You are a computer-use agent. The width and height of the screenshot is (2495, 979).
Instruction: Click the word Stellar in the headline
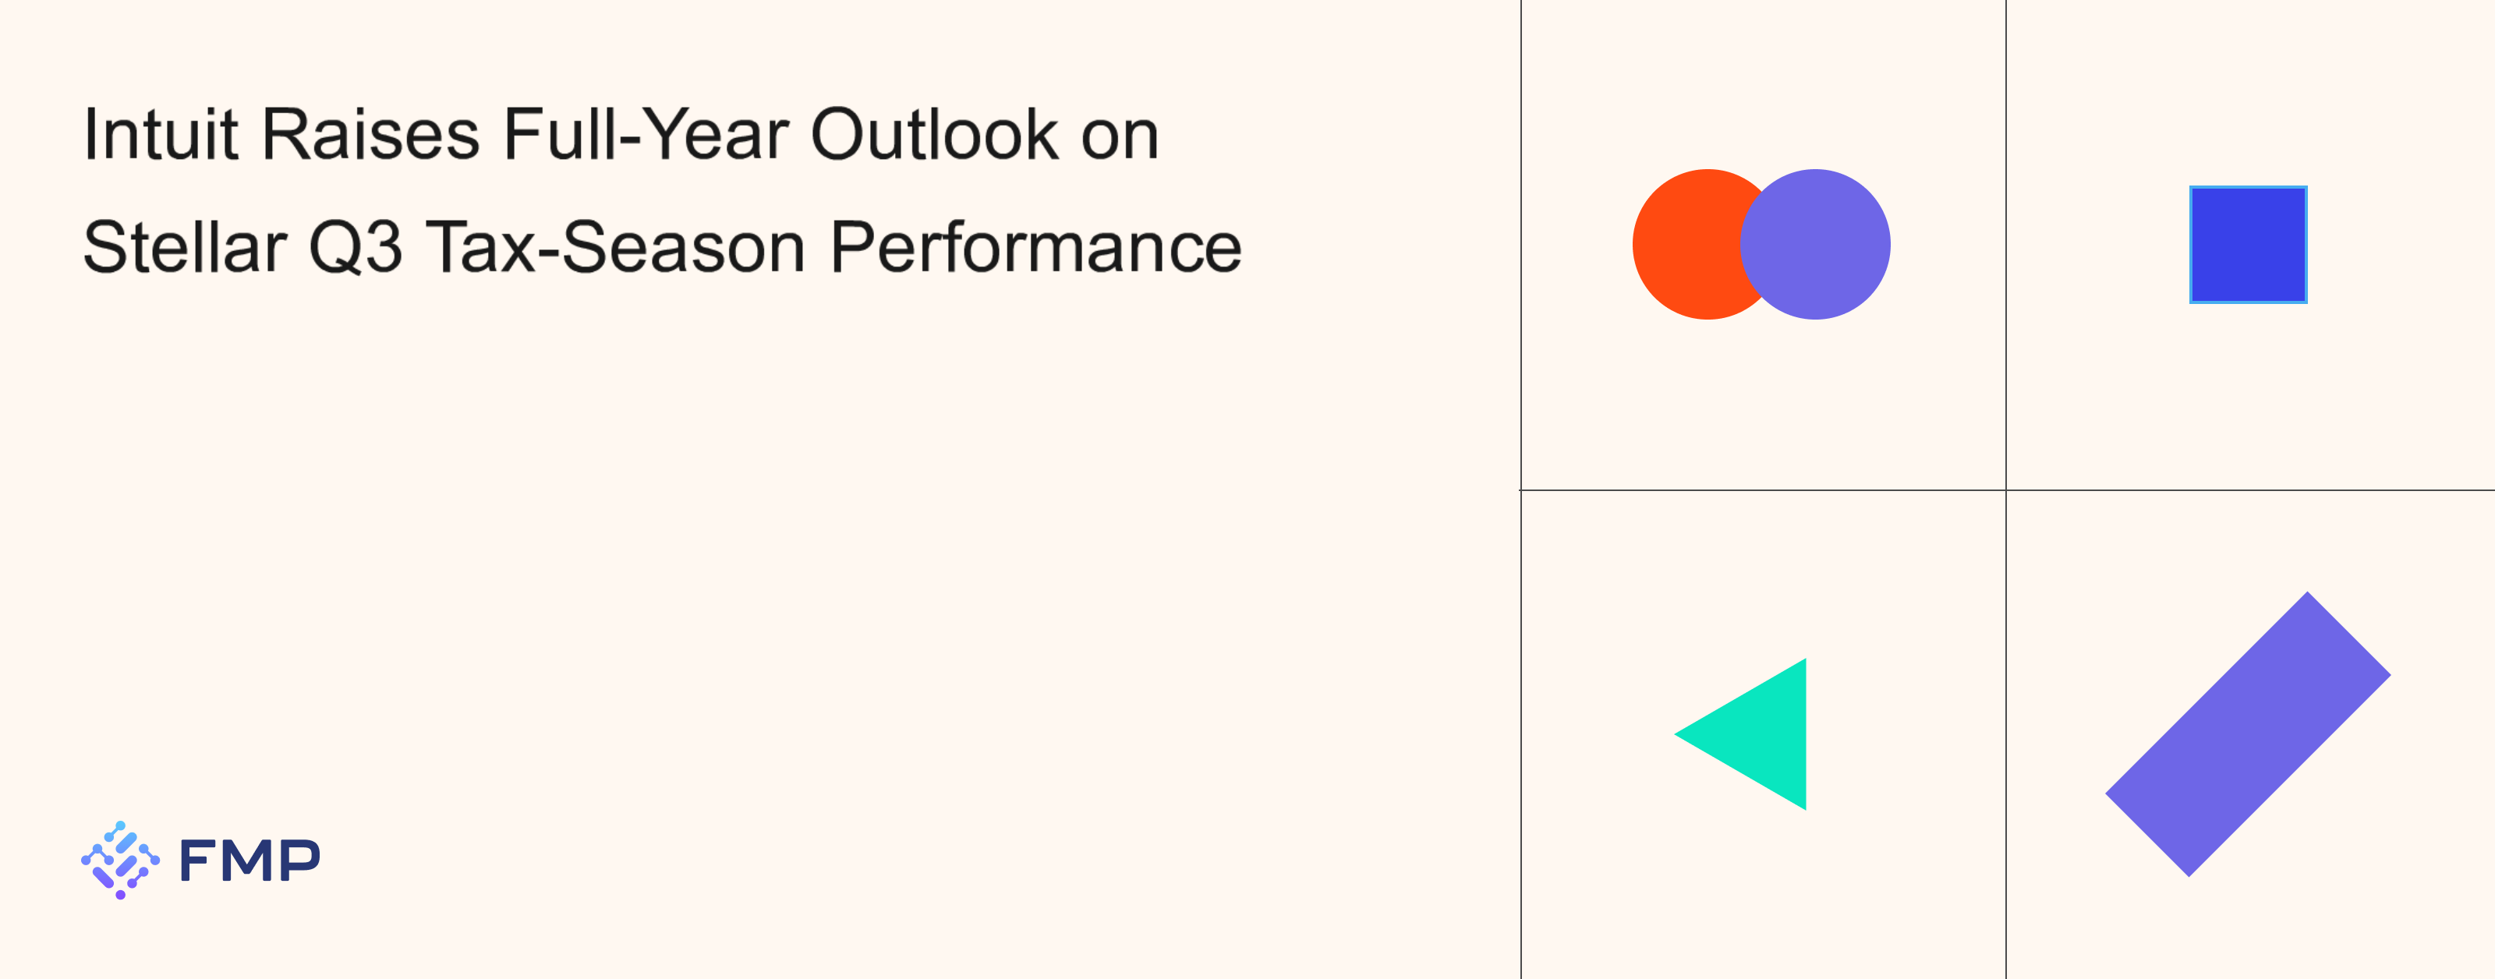click(185, 247)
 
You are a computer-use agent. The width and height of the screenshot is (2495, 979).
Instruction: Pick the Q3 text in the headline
click(356, 247)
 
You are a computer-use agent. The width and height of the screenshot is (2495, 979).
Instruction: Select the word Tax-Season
click(616, 247)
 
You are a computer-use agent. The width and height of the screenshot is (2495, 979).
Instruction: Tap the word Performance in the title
click(1035, 247)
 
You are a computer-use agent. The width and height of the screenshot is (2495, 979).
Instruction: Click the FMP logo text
click(249, 860)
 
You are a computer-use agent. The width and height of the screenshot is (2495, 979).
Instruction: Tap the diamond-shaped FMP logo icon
click(120, 860)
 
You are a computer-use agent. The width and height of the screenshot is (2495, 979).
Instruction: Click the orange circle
click(1690, 244)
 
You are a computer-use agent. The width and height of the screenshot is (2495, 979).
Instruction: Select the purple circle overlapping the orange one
click(1815, 244)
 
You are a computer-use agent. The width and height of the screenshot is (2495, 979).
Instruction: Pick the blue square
click(2248, 244)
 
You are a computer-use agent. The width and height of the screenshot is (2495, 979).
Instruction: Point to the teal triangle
click(1763, 734)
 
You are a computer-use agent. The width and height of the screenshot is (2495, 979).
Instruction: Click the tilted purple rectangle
click(2248, 734)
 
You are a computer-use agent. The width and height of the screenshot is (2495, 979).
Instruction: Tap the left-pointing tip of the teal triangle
click(1676, 734)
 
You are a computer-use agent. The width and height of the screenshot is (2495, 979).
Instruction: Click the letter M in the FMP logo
click(249, 860)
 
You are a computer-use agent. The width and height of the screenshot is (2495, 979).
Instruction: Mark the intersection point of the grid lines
click(2006, 490)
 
